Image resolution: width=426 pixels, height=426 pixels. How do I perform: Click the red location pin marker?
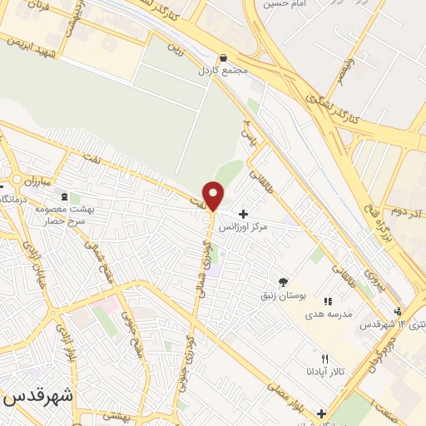[214, 196]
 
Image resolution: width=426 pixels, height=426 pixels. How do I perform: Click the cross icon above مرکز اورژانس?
[243, 214]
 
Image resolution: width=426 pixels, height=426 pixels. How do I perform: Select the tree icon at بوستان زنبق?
[282, 282]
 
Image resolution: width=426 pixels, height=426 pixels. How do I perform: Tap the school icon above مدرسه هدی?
[327, 300]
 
